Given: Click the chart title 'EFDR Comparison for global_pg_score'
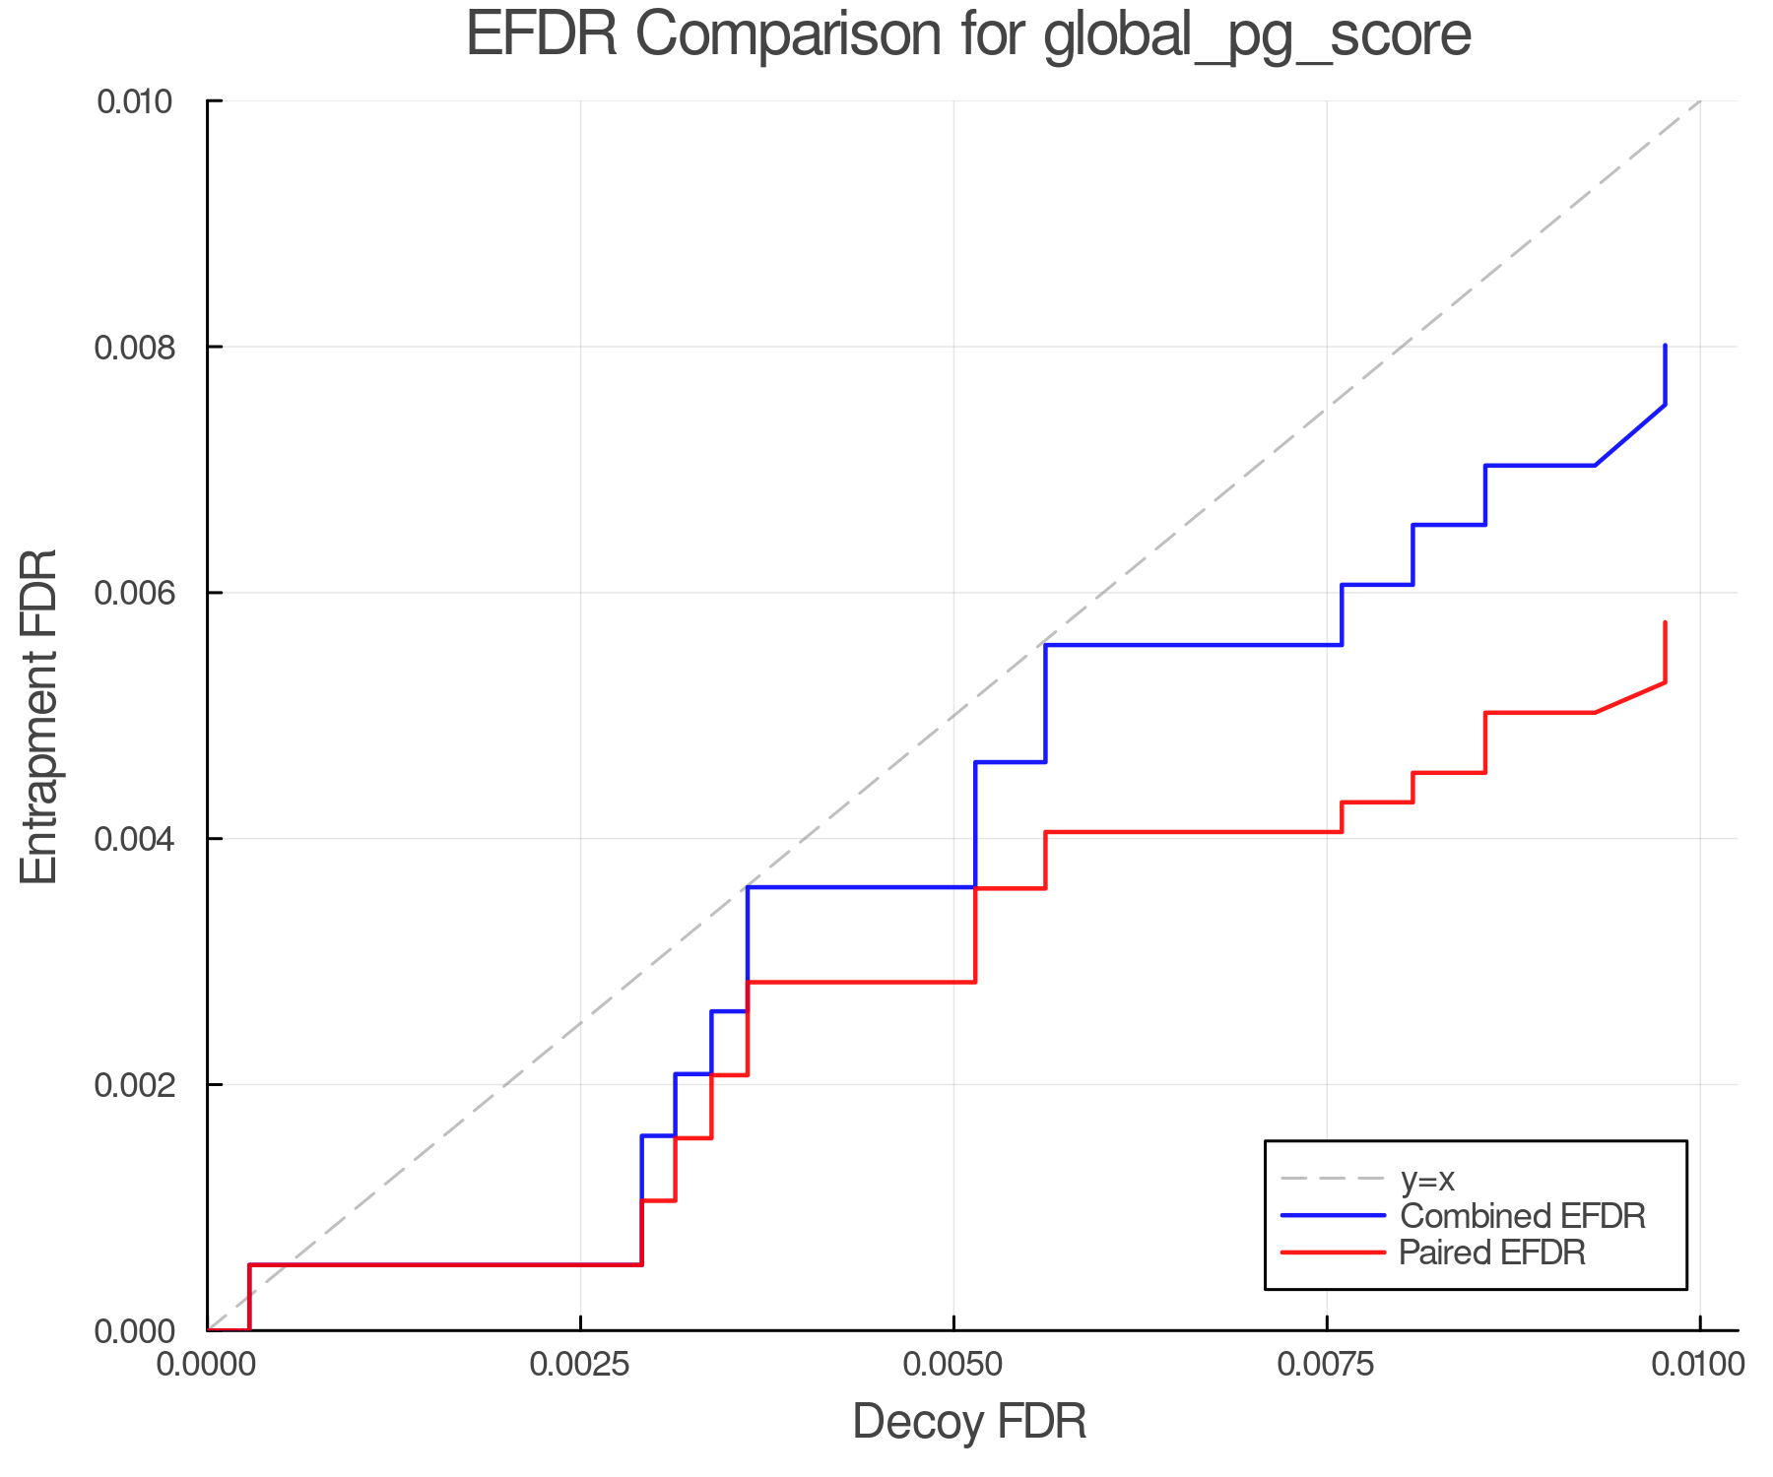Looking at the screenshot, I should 968,34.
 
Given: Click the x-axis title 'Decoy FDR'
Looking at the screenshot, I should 969,1422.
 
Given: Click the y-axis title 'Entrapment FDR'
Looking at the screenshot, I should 40,716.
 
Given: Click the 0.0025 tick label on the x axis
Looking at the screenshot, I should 580,1364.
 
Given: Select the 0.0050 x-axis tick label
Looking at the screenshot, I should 953,1364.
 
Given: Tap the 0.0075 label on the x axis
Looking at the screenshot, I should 1327,1364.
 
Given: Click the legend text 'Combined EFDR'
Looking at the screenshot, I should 1522,1216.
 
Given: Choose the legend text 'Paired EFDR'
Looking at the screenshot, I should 1492,1252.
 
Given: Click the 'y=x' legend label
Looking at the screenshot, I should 1427,1179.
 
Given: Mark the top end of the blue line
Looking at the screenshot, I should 1665,346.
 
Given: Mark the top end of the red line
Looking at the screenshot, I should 1665,622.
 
